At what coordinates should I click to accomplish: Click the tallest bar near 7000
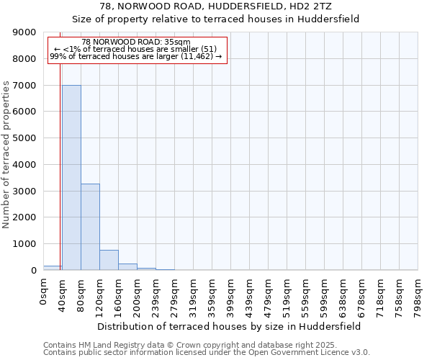pyautogui.click(x=71, y=177)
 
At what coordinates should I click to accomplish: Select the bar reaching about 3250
pyautogui.click(x=90, y=227)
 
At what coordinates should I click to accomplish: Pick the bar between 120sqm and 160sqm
pyautogui.click(x=109, y=260)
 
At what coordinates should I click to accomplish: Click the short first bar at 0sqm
pyautogui.click(x=53, y=268)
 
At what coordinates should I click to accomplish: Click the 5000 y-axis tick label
pyautogui.click(x=26, y=138)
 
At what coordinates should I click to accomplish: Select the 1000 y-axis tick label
pyautogui.click(x=26, y=244)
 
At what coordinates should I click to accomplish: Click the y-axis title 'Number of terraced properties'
pyautogui.click(x=6, y=155)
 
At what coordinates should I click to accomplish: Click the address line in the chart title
pyautogui.click(x=216, y=6)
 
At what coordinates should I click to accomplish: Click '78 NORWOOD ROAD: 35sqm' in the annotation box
pyautogui.click(x=136, y=42)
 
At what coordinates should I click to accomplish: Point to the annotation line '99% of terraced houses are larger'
pyautogui.click(x=136, y=56)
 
